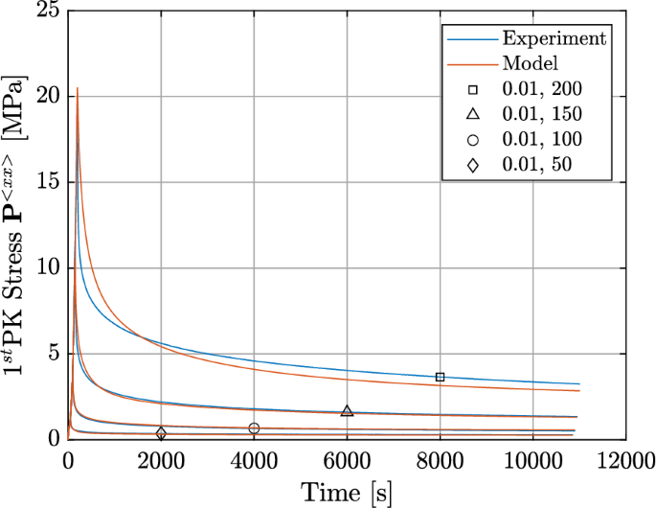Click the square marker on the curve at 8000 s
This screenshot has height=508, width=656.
point(440,377)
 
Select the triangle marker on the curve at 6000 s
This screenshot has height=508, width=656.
point(347,411)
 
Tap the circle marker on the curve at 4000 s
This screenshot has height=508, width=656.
point(254,427)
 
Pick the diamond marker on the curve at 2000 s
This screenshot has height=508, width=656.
point(161,433)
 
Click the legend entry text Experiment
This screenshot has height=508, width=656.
point(554,38)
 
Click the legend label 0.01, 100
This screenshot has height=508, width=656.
point(541,140)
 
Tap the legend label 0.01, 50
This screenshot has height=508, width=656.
point(536,165)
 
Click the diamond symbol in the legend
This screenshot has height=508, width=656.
point(474,165)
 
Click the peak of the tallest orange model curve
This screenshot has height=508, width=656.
point(78,88)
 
